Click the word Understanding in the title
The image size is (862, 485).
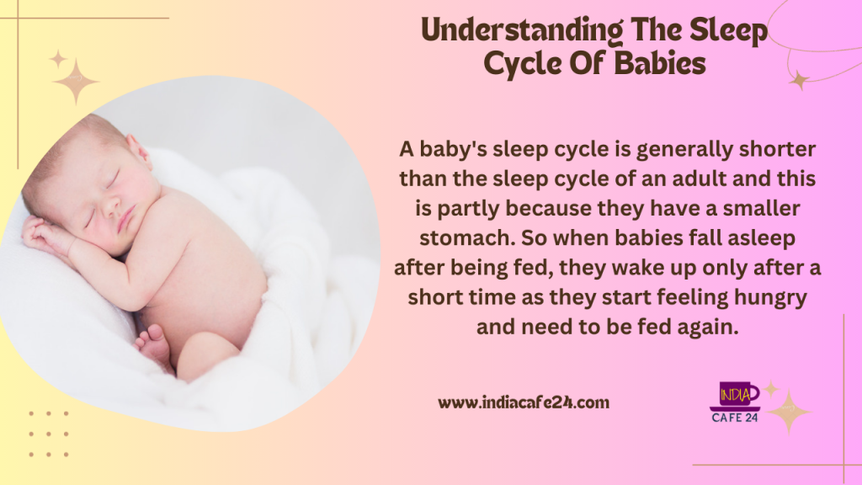coord(522,31)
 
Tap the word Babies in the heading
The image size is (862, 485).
coord(660,63)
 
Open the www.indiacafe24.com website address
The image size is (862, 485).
coord(524,402)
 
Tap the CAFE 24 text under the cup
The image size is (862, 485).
coord(734,418)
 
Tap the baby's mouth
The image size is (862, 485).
coord(126,218)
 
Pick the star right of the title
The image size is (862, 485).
coord(799,81)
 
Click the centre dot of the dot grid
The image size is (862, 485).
coord(48,434)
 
